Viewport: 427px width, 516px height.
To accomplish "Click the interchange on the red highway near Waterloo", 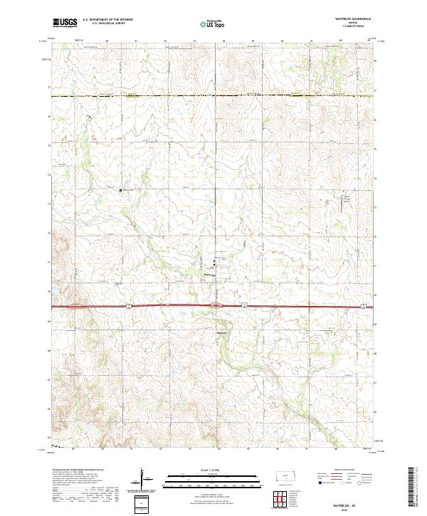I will [x=217, y=306].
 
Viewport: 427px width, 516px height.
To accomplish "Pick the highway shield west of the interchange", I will [x=130, y=306].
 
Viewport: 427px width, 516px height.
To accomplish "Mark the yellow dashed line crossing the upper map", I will [x=213, y=95].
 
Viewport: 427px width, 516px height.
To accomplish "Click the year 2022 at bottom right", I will [x=354, y=510].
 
